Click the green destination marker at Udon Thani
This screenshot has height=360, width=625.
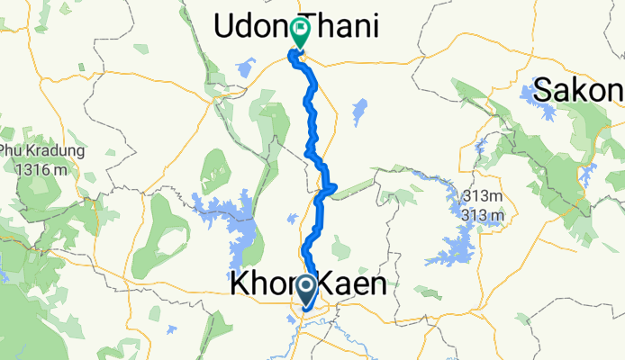[298, 32]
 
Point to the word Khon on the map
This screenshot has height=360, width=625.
[260, 285]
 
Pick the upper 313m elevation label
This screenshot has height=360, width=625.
[483, 198]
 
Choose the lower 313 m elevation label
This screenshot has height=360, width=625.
[483, 215]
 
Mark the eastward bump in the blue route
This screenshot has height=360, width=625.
[331, 187]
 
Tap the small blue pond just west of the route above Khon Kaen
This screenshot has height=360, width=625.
[292, 219]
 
